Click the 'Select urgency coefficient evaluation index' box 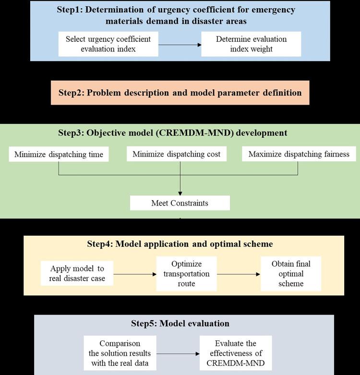108,44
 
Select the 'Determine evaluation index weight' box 251,44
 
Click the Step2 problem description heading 180,93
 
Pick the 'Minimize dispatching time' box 59,154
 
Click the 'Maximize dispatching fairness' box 299,154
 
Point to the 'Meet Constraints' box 180,203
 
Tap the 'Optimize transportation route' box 186,274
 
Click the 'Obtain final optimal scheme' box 290,274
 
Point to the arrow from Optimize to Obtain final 238,274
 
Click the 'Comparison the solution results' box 120,353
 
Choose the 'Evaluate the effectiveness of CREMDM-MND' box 236,353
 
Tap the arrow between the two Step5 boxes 177,354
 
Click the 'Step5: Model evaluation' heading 180,323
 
